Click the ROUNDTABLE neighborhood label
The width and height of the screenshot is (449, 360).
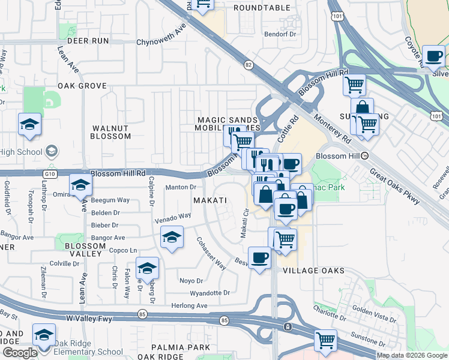coord(261,8)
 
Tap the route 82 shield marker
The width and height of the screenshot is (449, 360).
coord(249,64)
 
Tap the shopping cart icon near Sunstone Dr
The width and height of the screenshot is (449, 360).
coord(325,340)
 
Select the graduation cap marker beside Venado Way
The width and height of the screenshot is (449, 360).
coord(172,238)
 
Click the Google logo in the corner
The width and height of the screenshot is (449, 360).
coord(19,353)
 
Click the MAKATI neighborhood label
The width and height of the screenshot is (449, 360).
coord(210,199)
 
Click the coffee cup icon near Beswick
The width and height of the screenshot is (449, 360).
coord(259,257)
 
